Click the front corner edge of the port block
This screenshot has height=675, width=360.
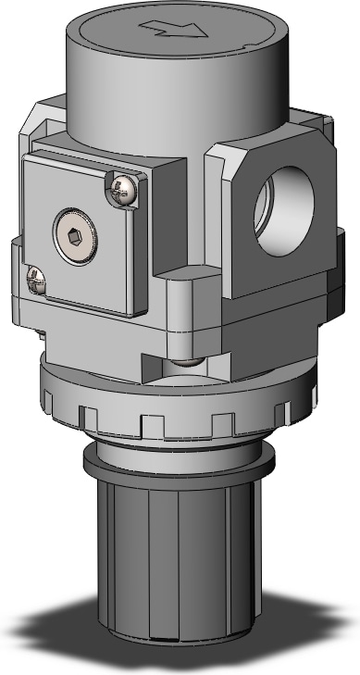[x=223, y=222]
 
